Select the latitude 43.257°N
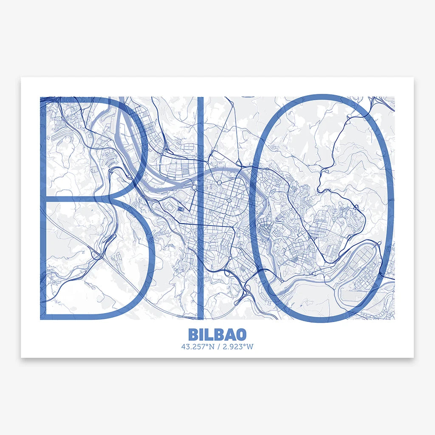[197, 346]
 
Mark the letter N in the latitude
[210, 346]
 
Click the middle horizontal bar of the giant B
[76, 199]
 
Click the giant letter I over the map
[200, 208]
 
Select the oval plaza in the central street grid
[229, 200]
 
